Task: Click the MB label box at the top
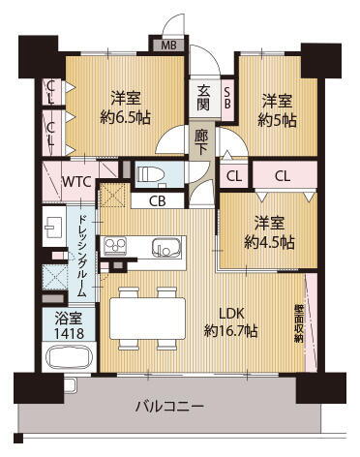coord(168,45)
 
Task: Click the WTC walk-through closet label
coord(76,180)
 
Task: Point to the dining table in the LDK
coord(148,317)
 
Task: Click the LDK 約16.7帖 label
coord(230,322)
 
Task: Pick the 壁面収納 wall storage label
coord(299,318)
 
